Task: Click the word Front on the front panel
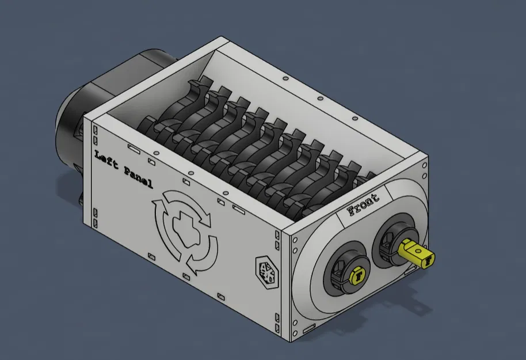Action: (364, 204)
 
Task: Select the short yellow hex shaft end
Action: (357, 276)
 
